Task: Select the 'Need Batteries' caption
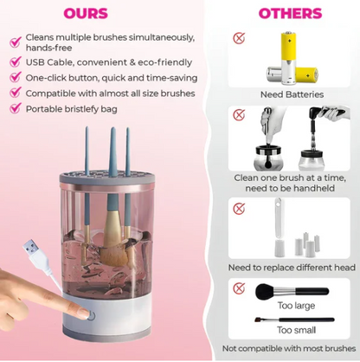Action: click(291, 94)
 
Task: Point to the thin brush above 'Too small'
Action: click(290, 320)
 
